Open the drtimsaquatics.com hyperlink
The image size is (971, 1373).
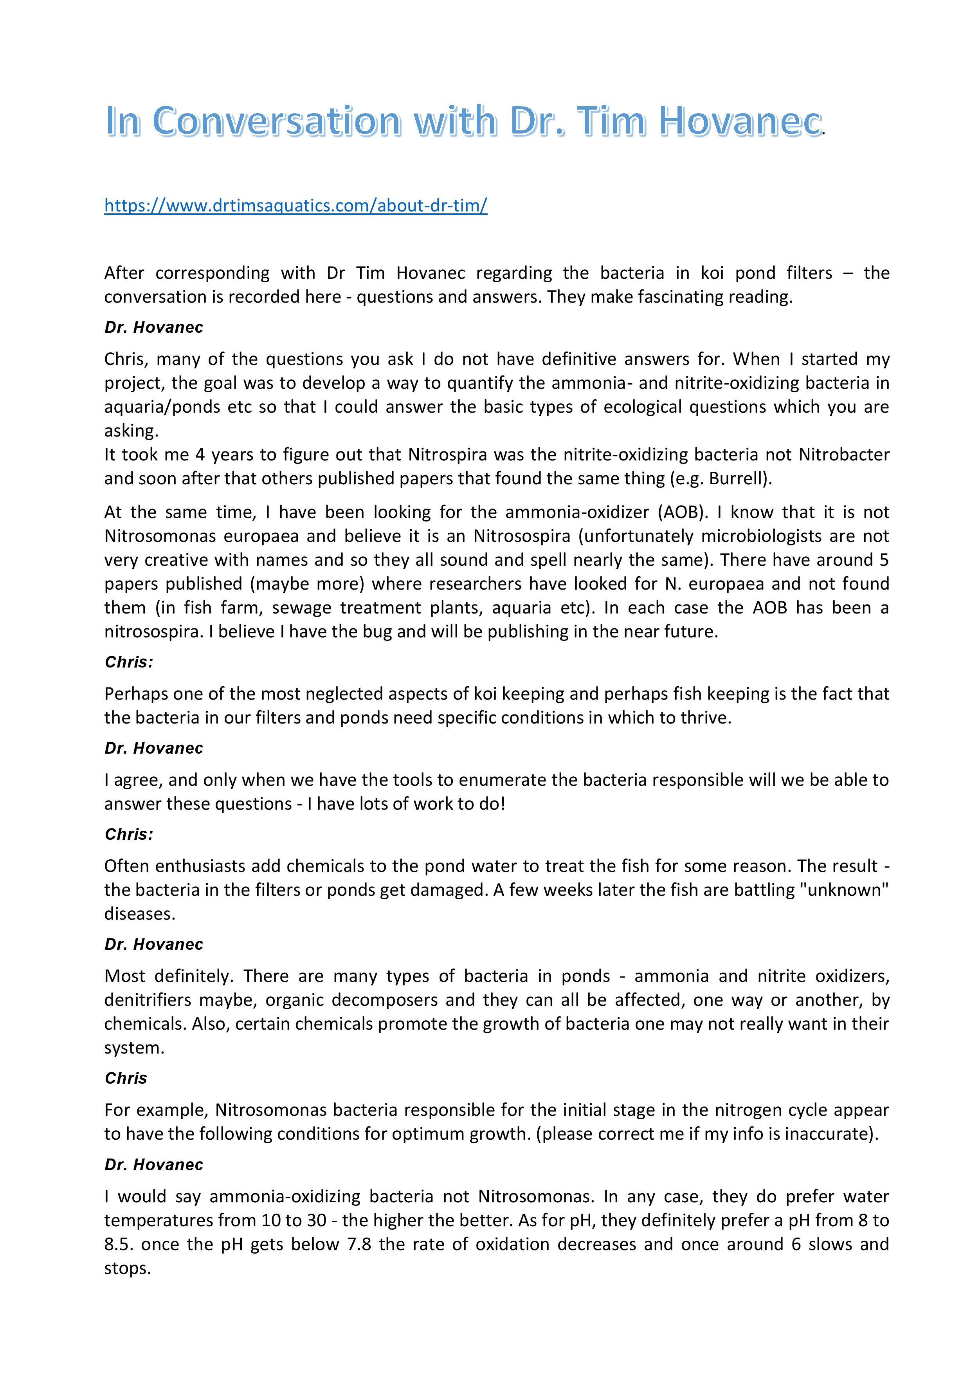click(x=295, y=205)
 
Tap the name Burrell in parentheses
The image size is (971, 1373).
click(x=736, y=478)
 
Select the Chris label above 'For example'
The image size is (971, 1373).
click(x=126, y=1078)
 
